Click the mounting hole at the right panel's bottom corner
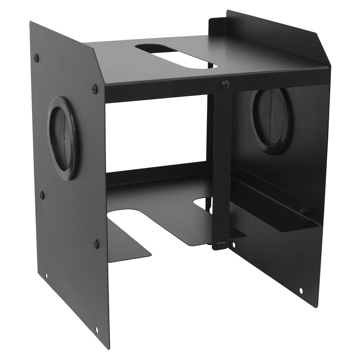(301, 290)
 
